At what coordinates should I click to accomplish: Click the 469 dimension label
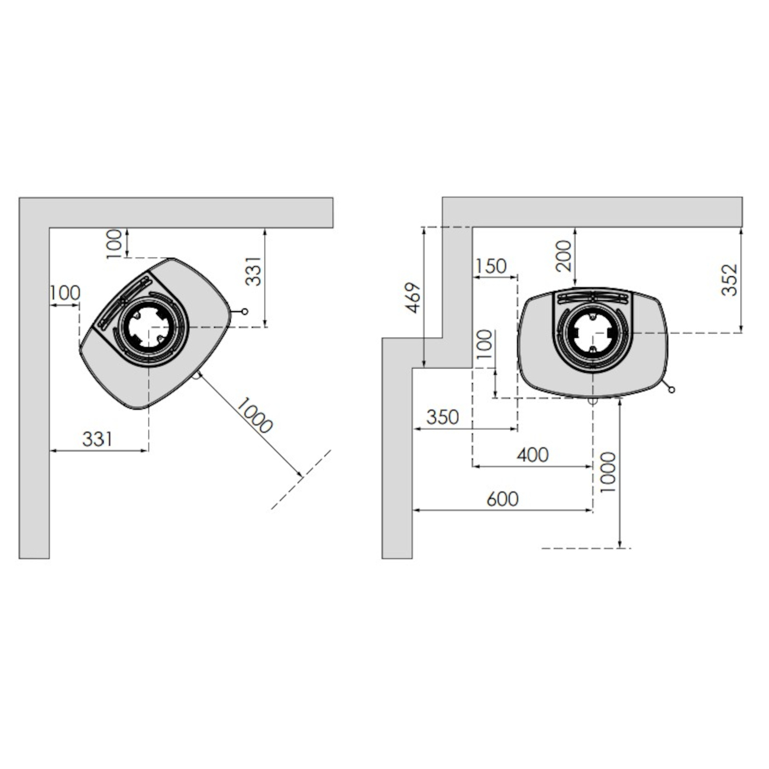pyautogui.click(x=413, y=298)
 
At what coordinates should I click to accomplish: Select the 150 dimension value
pyautogui.click(x=490, y=266)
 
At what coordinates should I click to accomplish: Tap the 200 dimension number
pyautogui.click(x=563, y=256)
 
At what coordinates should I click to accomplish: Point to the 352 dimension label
pyautogui.click(x=729, y=280)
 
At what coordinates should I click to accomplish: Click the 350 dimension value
pyautogui.click(x=442, y=417)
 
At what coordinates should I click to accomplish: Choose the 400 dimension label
pyautogui.click(x=533, y=454)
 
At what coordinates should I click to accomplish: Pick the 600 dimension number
pyautogui.click(x=502, y=499)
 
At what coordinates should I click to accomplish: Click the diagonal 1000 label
pyautogui.click(x=254, y=415)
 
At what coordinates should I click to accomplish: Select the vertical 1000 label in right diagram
pyautogui.click(x=608, y=472)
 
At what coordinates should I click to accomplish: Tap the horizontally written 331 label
pyautogui.click(x=98, y=439)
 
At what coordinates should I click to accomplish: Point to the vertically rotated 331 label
pyautogui.click(x=253, y=272)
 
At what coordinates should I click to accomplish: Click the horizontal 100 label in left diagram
pyautogui.click(x=64, y=293)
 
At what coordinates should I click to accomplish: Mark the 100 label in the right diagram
pyautogui.click(x=485, y=344)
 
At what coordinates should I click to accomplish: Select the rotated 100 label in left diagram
pyautogui.click(x=114, y=244)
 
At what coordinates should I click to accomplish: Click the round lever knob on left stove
pyautogui.click(x=245, y=311)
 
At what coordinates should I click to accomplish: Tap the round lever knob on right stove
pyautogui.click(x=671, y=389)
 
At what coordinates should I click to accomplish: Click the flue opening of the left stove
pyautogui.click(x=148, y=327)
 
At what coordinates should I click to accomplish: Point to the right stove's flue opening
pyautogui.click(x=593, y=332)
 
